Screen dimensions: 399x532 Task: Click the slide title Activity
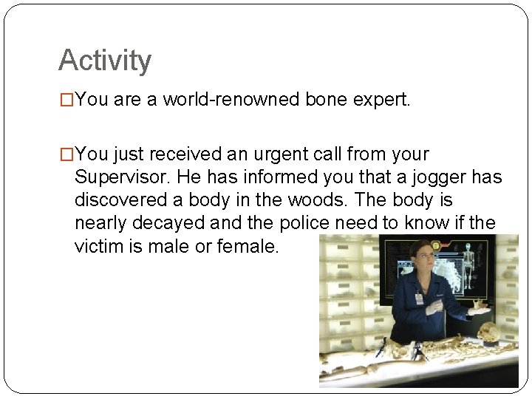point(104,60)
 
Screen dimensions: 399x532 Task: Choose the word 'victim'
point(98,246)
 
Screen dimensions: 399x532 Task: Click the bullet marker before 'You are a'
point(66,100)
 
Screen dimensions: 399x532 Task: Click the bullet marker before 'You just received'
point(66,155)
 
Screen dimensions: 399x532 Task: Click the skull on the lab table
point(488,333)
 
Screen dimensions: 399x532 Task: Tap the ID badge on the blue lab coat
point(419,298)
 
